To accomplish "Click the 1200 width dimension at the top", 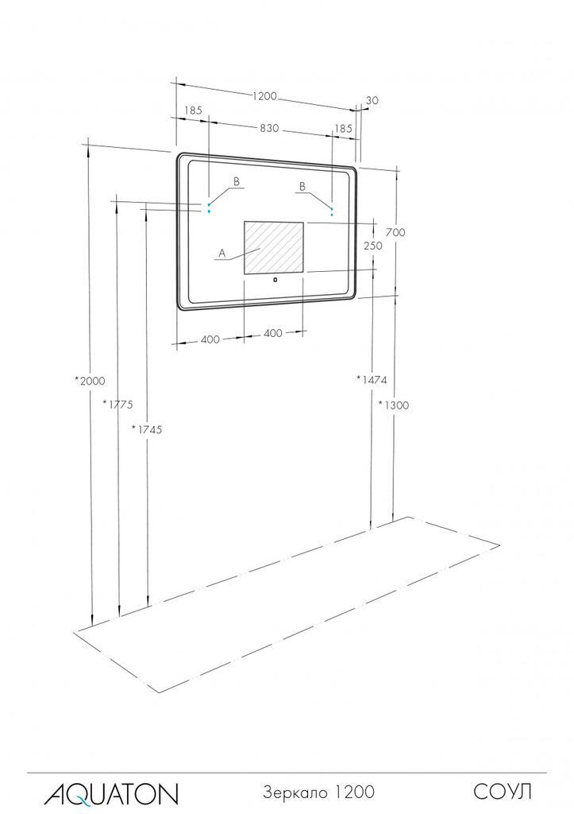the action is [265, 96].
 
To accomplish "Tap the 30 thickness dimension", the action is [372, 100].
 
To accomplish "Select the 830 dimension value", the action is [269, 128].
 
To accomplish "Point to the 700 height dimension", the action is [395, 232].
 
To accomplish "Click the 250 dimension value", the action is [373, 246].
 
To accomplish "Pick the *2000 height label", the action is [90, 381].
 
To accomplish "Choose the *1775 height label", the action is [118, 403].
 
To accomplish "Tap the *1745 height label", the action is [147, 428].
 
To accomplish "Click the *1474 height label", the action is [372, 379].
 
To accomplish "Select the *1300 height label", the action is [394, 405].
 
